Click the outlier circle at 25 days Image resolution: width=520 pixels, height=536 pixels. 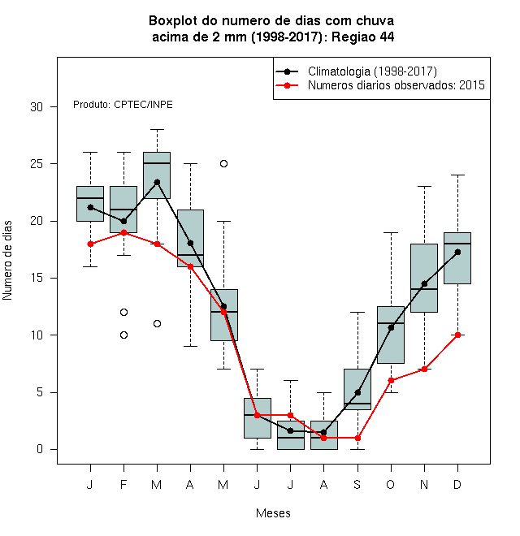click(223, 164)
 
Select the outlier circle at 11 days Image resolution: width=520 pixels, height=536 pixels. click(157, 323)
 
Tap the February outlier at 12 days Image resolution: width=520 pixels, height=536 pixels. click(123, 312)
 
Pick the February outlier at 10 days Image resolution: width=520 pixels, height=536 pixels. click(123, 335)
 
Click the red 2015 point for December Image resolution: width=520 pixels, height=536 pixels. click(457, 335)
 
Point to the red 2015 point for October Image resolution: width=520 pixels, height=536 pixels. click(391, 380)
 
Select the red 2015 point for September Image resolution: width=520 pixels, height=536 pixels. click(357, 438)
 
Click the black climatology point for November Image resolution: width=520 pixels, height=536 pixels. click(424, 283)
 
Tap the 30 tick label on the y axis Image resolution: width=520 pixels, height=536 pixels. click(37, 107)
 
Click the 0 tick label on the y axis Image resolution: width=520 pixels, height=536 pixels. click(40, 449)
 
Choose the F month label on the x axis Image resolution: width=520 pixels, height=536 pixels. click(123, 484)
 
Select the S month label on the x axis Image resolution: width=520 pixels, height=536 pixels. click(357, 484)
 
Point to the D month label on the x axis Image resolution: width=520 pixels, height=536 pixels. click(457, 484)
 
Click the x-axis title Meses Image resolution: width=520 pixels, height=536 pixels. click(273, 513)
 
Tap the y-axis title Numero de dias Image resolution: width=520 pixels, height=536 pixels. click(7, 261)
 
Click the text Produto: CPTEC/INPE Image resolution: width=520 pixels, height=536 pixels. click(123, 104)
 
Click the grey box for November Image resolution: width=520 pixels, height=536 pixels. click(424, 278)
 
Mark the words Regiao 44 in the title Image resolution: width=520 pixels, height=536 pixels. click(363, 37)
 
